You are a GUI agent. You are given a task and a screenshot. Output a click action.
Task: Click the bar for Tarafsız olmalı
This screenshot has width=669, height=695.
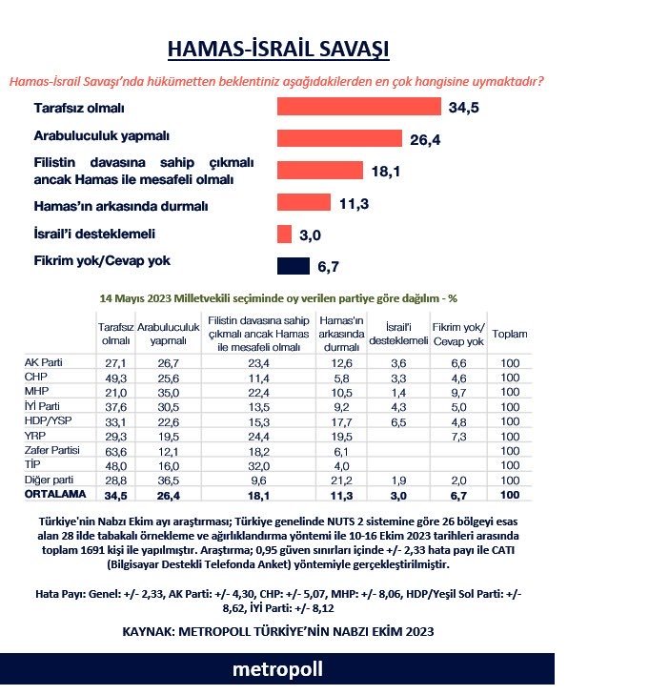(x=358, y=107)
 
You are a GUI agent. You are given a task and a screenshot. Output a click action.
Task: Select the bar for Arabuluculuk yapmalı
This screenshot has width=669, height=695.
(x=339, y=138)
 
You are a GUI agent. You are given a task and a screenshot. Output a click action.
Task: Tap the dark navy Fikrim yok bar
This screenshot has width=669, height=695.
(x=294, y=267)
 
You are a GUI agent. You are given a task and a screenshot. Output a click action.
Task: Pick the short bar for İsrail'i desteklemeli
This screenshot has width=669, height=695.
(x=284, y=235)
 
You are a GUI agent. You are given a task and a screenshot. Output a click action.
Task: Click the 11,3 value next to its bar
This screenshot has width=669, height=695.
(x=353, y=202)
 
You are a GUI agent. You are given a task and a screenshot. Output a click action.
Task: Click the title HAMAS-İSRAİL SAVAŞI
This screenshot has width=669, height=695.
(x=278, y=50)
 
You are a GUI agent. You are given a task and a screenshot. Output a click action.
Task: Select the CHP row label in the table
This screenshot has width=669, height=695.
(x=36, y=377)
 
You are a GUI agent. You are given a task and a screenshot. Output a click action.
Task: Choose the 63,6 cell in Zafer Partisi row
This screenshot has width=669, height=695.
(x=114, y=449)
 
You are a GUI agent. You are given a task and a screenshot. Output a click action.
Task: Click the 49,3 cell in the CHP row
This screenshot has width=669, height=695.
(x=114, y=377)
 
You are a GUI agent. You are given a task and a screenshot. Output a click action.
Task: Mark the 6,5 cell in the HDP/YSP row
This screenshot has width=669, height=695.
(x=398, y=420)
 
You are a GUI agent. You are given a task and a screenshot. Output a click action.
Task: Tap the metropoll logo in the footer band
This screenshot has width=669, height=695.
(x=277, y=669)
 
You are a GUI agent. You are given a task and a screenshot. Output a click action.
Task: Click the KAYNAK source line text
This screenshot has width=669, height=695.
(x=277, y=631)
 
